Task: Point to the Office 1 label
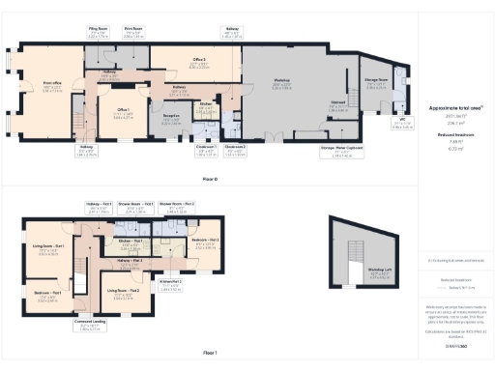pos(124,112)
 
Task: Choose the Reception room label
pos(171,117)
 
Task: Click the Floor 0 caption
pos(210,181)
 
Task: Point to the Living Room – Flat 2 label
pos(128,291)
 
